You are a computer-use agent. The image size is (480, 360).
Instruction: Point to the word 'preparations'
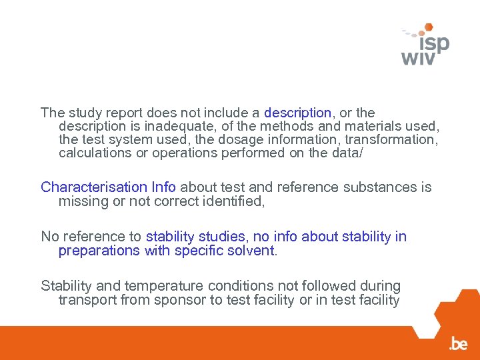98,250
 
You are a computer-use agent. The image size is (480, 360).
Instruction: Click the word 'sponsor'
181,299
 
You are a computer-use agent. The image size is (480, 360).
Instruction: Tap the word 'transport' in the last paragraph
87,299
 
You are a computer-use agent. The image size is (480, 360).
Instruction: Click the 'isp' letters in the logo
431,44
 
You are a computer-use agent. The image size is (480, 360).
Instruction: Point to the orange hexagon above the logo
429,27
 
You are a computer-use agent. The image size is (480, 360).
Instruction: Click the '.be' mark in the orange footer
458,344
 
